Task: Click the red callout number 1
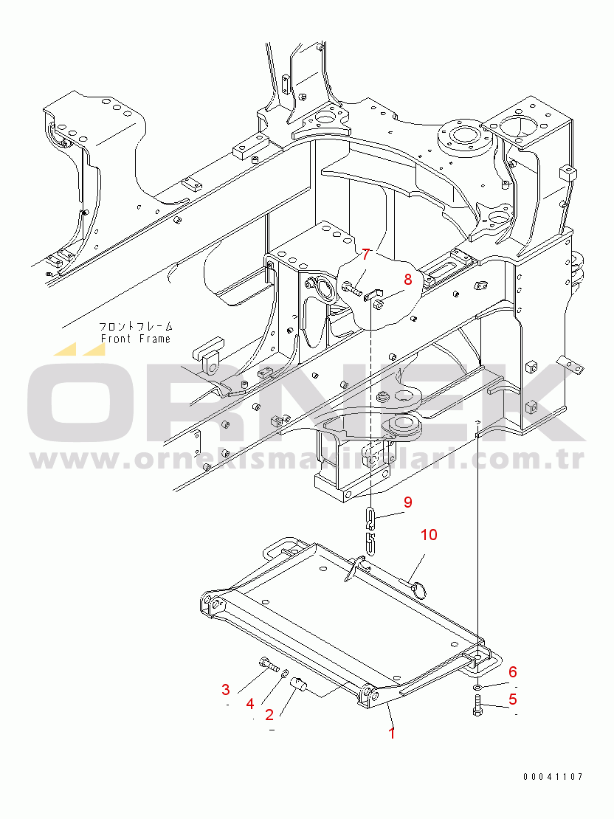[392, 733]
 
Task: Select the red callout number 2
[270, 714]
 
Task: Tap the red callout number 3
[226, 690]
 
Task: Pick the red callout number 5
[512, 699]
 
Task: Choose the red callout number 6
[512, 671]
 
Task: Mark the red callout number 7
[365, 255]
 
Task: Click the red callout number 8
[407, 279]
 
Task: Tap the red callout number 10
[429, 534]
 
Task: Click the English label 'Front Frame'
[135, 339]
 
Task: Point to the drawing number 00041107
[553, 776]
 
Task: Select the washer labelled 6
[477, 687]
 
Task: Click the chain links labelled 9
[371, 531]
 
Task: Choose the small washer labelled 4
[286, 674]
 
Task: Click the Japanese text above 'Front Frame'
[137, 325]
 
